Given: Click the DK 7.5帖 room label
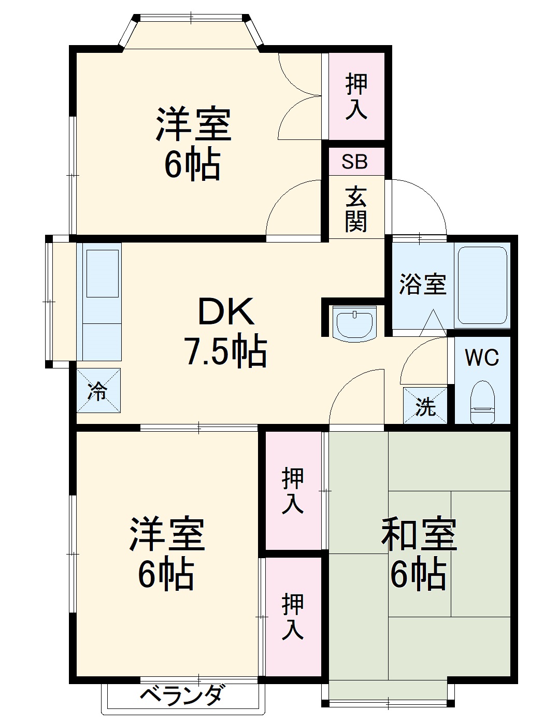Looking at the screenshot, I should click(x=226, y=332).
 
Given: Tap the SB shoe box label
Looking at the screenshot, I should click(x=355, y=162).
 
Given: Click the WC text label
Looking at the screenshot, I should click(x=481, y=357).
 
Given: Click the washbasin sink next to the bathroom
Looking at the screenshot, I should click(x=355, y=324).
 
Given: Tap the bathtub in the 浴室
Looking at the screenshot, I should click(x=482, y=286).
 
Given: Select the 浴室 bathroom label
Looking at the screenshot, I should click(x=422, y=284).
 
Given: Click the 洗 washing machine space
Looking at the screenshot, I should click(x=425, y=406).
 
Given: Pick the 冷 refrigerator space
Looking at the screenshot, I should click(x=98, y=391).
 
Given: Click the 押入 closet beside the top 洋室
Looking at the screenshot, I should click(x=356, y=96).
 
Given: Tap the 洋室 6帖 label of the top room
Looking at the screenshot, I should click(x=193, y=143).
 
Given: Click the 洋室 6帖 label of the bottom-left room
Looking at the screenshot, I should click(x=166, y=553).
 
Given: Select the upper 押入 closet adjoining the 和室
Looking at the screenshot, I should click(x=293, y=491).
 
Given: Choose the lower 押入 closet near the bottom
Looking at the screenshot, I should click(x=293, y=616).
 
